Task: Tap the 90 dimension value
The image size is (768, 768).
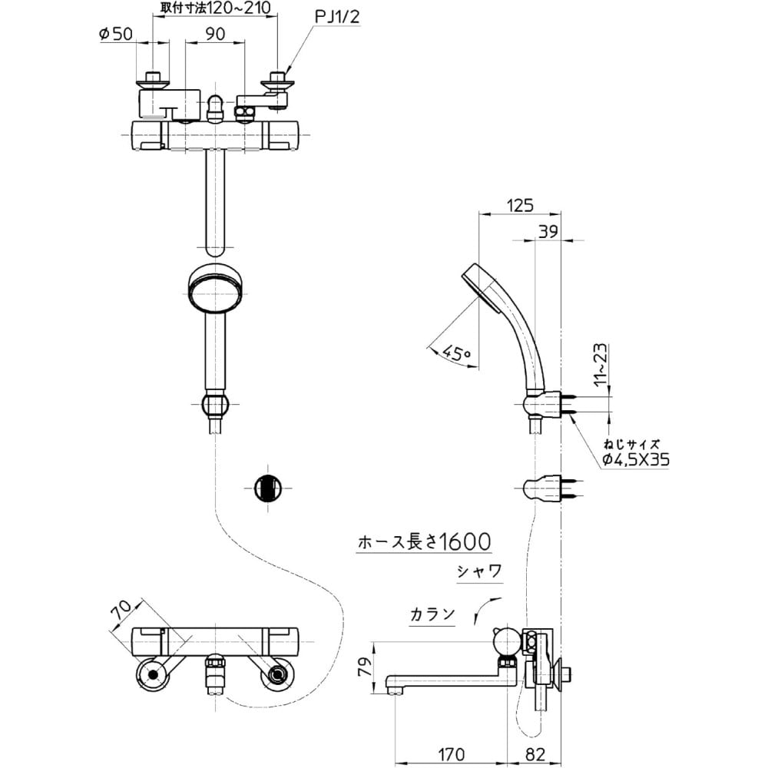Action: click(x=215, y=33)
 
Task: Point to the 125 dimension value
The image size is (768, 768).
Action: click(x=519, y=205)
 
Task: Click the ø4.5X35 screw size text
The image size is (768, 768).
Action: click(x=635, y=459)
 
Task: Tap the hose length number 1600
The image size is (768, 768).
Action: click(x=458, y=543)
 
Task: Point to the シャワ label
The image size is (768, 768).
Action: click(x=479, y=571)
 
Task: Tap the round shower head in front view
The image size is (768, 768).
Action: click(x=215, y=289)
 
